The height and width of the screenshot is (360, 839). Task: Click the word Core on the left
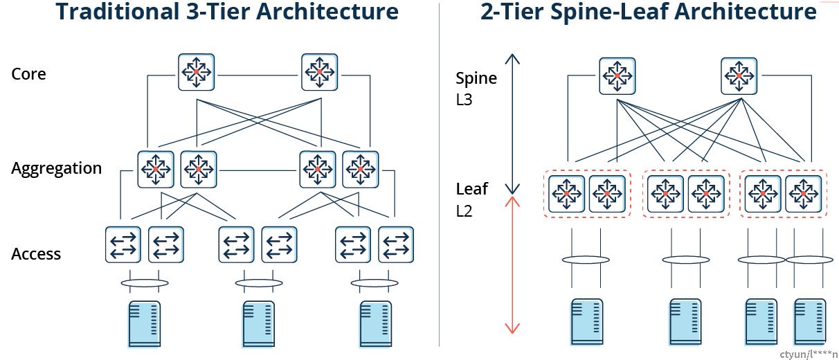(x=28, y=74)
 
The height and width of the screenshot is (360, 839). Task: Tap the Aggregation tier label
(x=57, y=168)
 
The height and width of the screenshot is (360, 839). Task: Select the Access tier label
(x=36, y=253)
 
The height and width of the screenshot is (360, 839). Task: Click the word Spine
(x=476, y=79)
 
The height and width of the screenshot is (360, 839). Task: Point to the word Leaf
(x=471, y=188)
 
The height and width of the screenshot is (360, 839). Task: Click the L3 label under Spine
(x=464, y=100)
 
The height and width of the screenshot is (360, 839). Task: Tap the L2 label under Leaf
(x=464, y=211)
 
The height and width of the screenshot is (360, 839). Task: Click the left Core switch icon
(x=197, y=72)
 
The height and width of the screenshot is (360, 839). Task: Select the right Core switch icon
(x=320, y=72)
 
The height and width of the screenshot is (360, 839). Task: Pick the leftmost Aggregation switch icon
(x=156, y=170)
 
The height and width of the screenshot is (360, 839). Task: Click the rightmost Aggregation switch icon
(x=361, y=170)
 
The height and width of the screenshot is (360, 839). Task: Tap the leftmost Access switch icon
(x=123, y=244)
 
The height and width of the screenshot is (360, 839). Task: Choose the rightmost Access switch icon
(x=396, y=244)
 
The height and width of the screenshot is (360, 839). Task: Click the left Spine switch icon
(x=617, y=75)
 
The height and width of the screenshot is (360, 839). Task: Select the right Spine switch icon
(x=739, y=75)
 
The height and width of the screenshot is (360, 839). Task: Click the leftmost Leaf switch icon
(x=567, y=194)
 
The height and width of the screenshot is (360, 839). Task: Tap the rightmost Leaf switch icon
(x=804, y=194)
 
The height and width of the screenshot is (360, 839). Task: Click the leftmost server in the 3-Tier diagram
(x=145, y=324)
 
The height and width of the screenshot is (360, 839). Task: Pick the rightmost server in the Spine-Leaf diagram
(x=810, y=321)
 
